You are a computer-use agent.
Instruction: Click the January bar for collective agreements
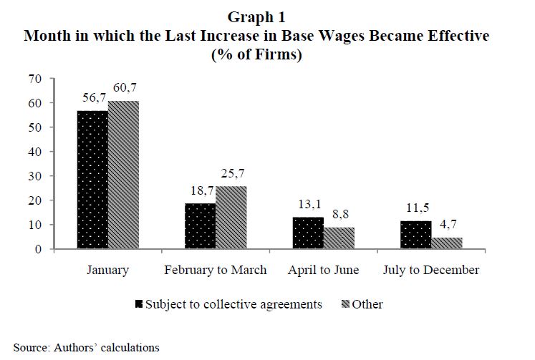pos(92,180)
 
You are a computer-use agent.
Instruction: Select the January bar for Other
pos(123,175)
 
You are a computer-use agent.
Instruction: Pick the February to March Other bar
pos(231,218)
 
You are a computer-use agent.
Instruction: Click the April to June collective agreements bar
pos(308,233)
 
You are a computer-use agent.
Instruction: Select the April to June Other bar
pos(339,238)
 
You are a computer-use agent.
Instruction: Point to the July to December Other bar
pos(447,243)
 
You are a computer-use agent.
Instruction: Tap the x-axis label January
pos(107,270)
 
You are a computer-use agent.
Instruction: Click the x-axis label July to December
pos(432,270)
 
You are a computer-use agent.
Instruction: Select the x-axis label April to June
pos(324,270)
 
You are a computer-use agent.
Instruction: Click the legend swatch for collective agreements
pos(139,305)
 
